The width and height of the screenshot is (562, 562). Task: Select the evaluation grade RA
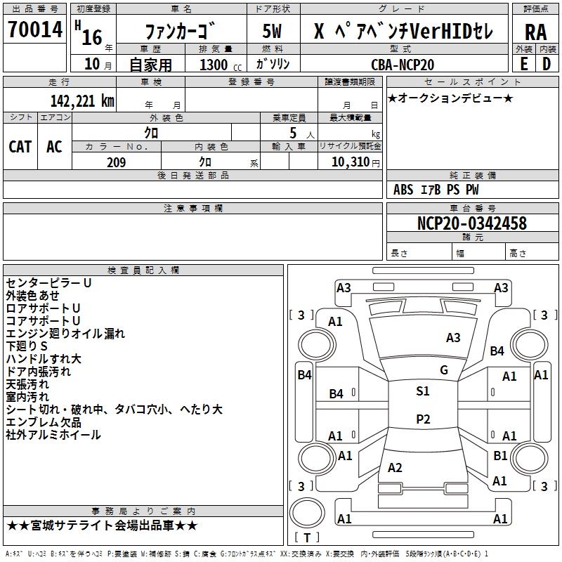535,31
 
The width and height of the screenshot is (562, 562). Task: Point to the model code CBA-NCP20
403,65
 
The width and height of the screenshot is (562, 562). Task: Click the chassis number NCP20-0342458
471,224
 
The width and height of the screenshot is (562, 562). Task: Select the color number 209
116,162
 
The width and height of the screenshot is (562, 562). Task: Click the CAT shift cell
20,146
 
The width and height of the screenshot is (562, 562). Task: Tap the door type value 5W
273,31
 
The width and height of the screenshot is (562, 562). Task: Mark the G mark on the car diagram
444,370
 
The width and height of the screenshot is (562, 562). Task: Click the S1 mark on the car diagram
422,391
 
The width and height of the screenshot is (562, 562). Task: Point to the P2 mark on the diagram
422,419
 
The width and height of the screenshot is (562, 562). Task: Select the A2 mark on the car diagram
395,468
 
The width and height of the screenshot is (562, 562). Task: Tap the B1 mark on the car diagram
500,455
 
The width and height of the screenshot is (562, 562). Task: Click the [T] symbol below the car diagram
306,538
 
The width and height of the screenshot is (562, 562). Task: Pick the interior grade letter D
546,64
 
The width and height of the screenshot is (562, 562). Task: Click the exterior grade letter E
524,64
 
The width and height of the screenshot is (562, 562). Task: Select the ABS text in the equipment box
403,190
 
